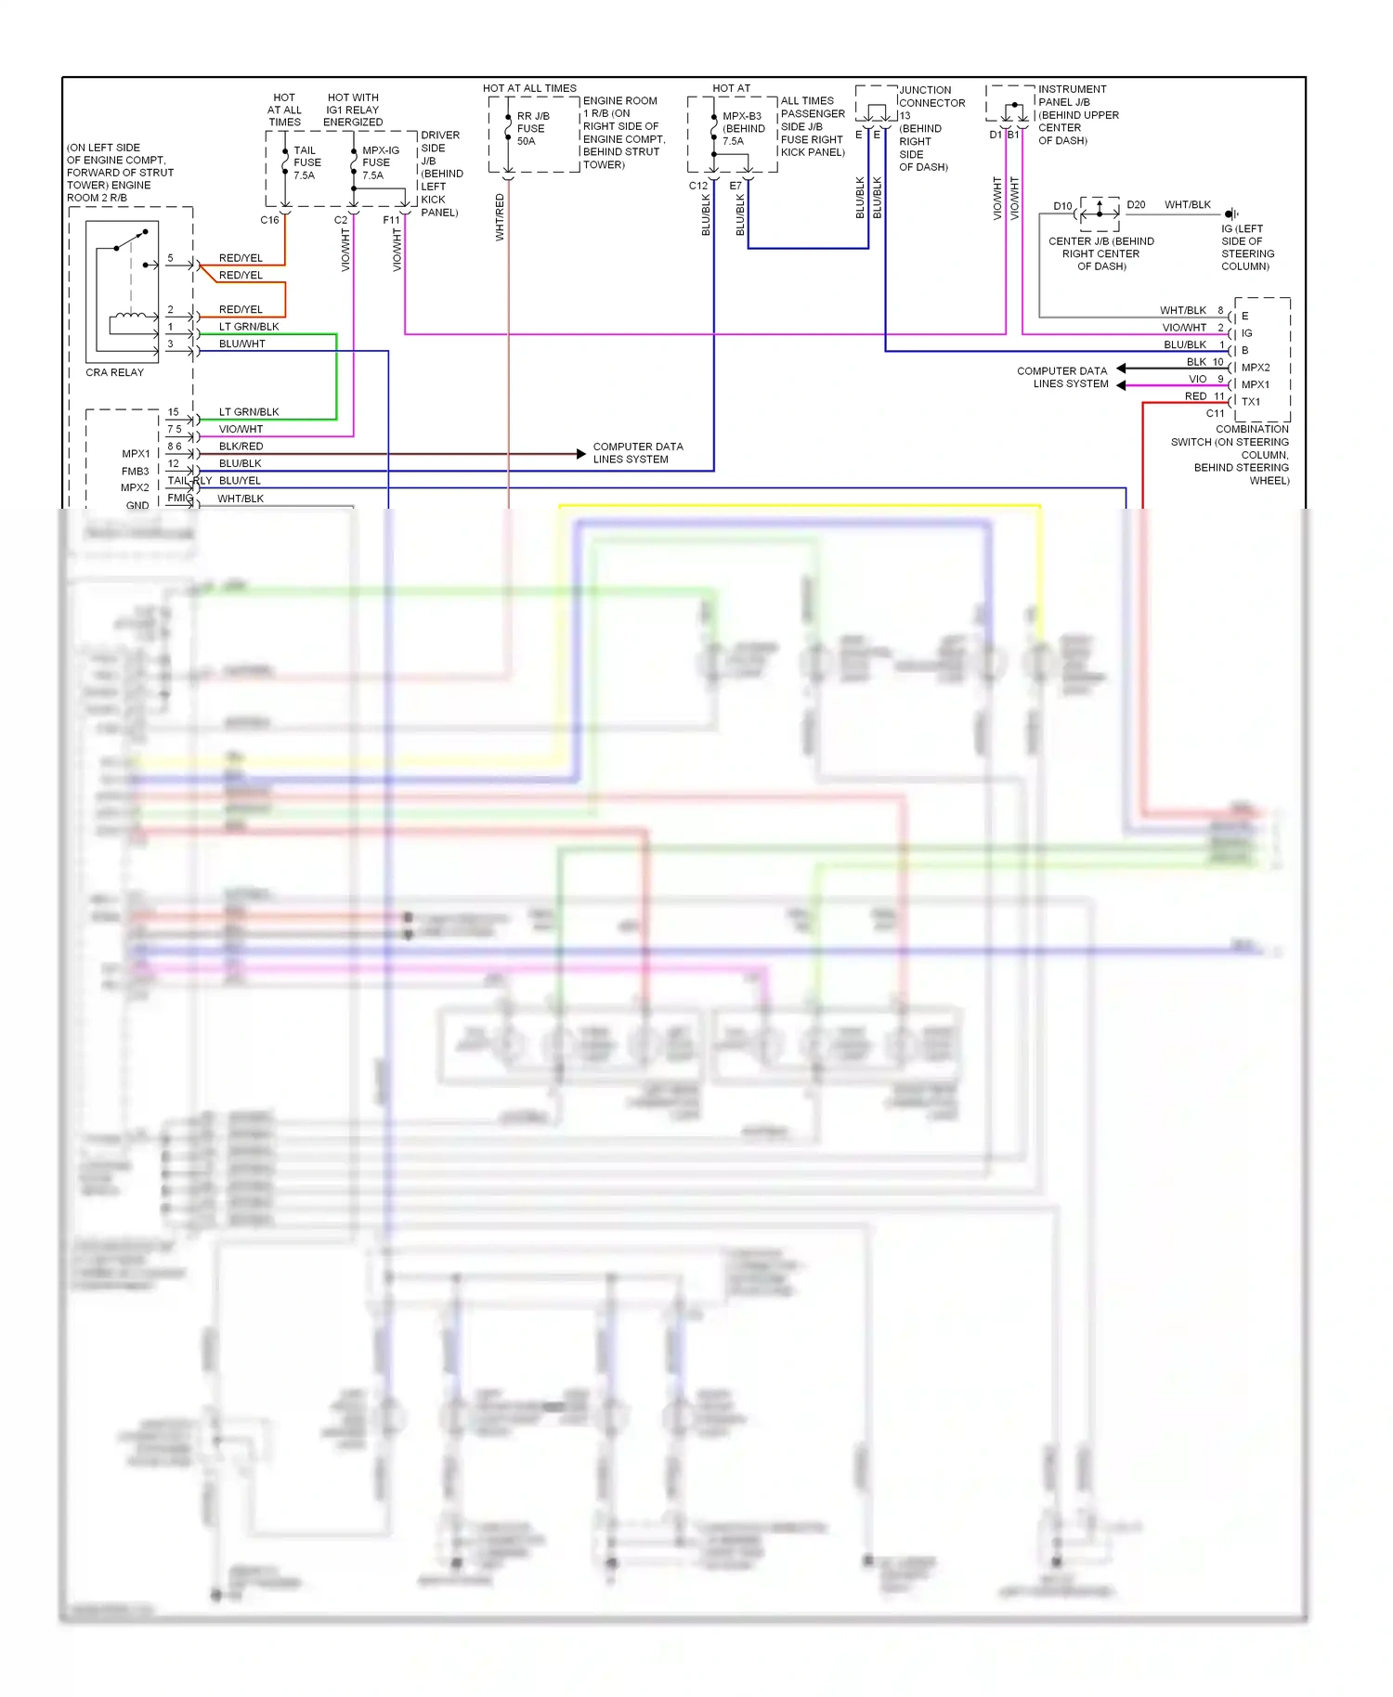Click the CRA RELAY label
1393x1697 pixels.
114,372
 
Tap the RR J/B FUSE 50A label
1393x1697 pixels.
532,129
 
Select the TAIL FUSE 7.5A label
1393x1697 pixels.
306,162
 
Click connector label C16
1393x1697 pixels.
269,220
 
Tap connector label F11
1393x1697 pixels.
391,220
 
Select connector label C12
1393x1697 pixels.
698,186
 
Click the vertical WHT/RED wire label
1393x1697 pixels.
500,218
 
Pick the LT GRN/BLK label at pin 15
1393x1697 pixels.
249,412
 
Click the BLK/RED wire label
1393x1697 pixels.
241,447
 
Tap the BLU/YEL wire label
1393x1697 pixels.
240,481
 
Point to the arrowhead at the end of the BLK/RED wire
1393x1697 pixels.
581,454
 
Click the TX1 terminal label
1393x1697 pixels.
1251,402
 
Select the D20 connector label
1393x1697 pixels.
1136,205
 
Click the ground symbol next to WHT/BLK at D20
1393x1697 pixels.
1231,214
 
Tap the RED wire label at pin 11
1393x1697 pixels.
1195,396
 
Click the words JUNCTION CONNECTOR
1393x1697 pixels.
931,97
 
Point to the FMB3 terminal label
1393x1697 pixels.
135,472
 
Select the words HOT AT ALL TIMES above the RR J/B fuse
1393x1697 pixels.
529,88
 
